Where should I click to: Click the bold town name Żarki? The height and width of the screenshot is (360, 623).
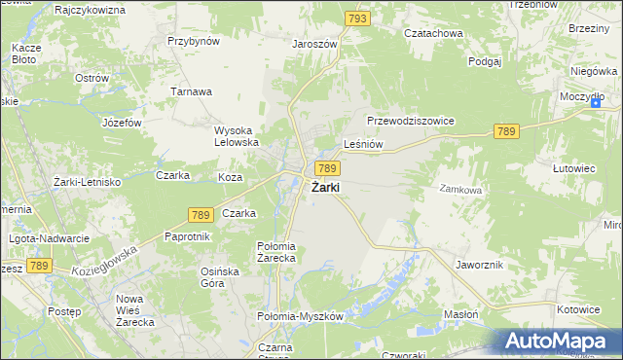pyautogui.click(x=325, y=188)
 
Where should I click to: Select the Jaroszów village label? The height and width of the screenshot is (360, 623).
pyautogui.click(x=314, y=44)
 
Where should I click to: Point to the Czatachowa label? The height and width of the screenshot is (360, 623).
pyautogui.click(x=434, y=32)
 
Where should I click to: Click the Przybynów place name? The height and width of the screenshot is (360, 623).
pyautogui.click(x=194, y=41)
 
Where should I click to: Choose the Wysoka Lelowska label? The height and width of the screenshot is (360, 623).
pyautogui.click(x=237, y=136)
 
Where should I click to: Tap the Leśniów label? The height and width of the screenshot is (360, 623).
pyautogui.click(x=364, y=144)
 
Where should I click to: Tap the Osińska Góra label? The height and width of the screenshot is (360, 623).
pyautogui.click(x=218, y=277)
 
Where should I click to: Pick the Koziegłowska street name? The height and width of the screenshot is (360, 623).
pyautogui.click(x=105, y=258)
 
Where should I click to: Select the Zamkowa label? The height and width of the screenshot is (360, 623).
pyautogui.click(x=460, y=190)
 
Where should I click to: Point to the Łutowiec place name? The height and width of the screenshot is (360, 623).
pyautogui.click(x=573, y=168)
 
